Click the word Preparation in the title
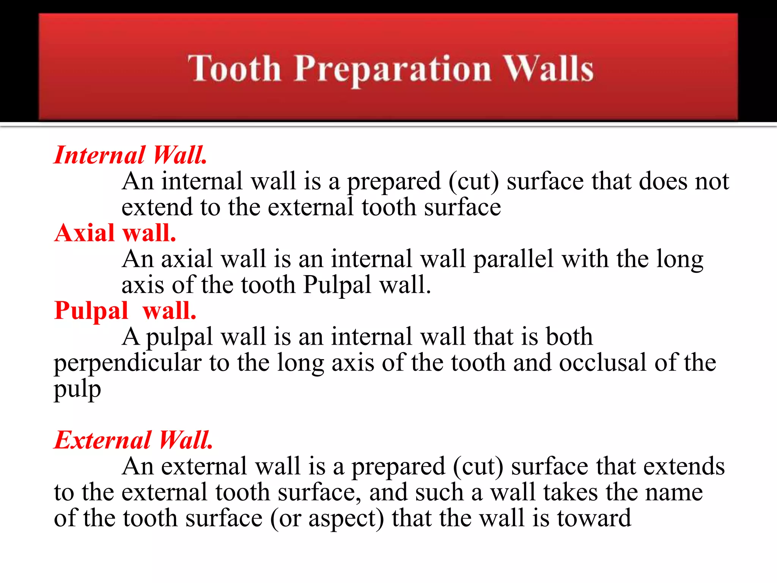(x=393, y=69)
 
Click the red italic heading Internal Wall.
(x=131, y=155)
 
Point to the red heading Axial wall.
(x=115, y=233)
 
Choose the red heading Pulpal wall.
(x=125, y=310)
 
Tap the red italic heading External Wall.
(x=133, y=440)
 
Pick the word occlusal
(x=602, y=362)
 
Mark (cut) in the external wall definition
(x=478, y=466)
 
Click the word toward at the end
(x=594, y=518)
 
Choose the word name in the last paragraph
(x=674, y=492)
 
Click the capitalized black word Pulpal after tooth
(x=337, y=285)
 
